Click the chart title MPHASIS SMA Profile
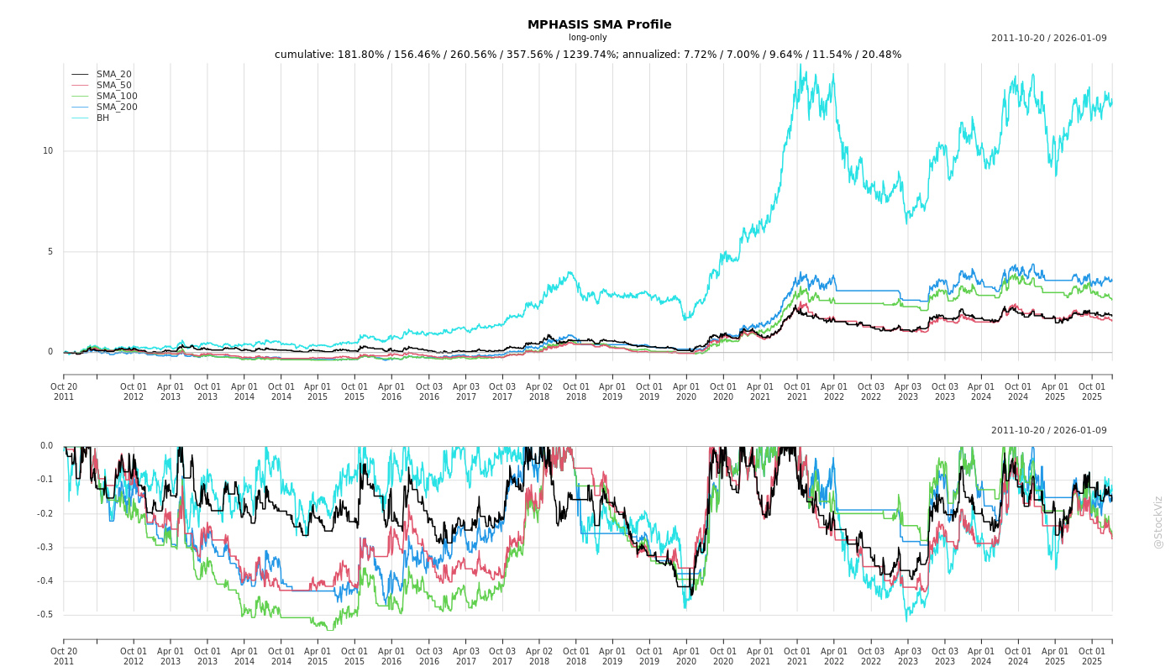pyautogui.click(x=587, y=24)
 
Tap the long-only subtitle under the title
pyautogui.click(x=587, y=38)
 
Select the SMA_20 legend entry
pyautogui.click(x=113, y=75)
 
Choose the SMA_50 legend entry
pyautogui.click(x=113, y=86)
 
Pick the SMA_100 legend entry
pyautogui.click(x=116, y=97)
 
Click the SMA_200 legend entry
pyautogui.click(x=116, y=108)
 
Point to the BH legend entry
pyautogui.click(x=102, y=118)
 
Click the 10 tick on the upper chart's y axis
pyautogui.click(x=48, y=151)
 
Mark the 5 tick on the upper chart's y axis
pyautogui.click(x=50, y=252)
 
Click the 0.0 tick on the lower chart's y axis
pyautogui.click(x=46, y=446)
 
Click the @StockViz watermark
pyautogui.click(x=1158, y=522)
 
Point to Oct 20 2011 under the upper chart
pyautogui.click(x=64, y=392)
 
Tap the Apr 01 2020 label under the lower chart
pyautogui.click(x=686, y=656)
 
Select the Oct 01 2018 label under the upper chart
pyautogui.click(x=576, y=392)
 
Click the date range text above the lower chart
pyautogui.click(x=1048, y=431)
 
